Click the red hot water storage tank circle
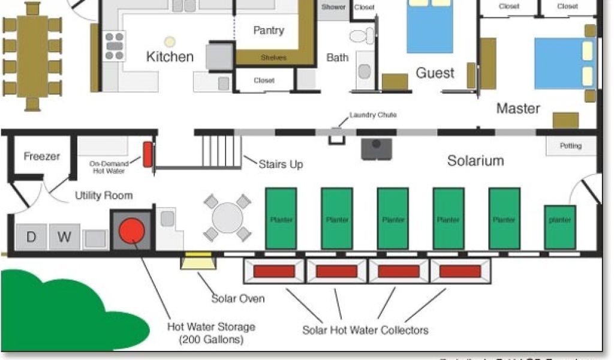coord(131,230)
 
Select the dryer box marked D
coord(31,237)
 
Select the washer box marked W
coord(64,237)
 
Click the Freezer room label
coord(42,157)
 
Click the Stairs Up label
coord(281,164)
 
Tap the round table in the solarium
coord(227,217)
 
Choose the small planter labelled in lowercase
coord(560,220)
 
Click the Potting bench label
coord(570,146)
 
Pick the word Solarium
coord(475,160)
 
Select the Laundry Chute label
coord(373,115)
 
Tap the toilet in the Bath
coord(361,36)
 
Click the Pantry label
coord(268,30)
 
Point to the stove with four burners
coord(115,46)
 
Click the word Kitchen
coord(170,57)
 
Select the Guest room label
coord(435,73)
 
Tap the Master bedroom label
coord(518,109)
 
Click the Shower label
coord(333,7)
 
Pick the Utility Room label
coord(104,195)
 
